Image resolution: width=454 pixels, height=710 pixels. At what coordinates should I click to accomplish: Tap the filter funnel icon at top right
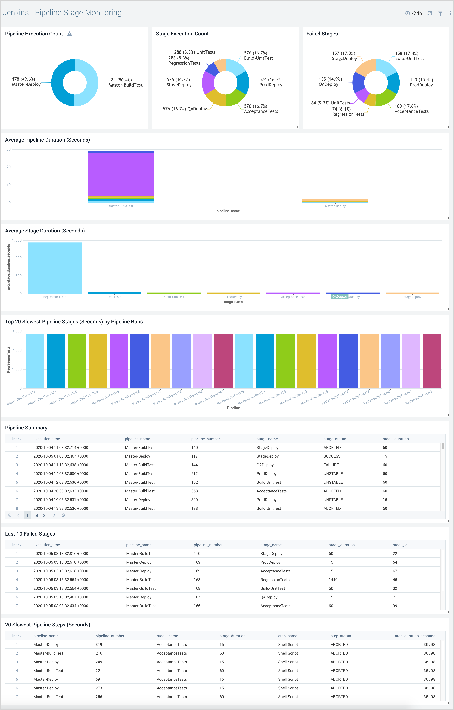(x=440, y=13)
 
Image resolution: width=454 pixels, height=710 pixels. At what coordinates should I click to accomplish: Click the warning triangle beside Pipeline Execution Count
(x=70, y=34)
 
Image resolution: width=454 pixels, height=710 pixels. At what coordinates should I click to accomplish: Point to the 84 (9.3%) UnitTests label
(x=330, y=103)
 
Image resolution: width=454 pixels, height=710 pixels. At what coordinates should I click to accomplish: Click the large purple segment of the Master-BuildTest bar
(x=121, y=174)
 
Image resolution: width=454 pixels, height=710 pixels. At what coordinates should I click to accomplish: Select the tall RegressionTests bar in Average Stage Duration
(x=55, y=268)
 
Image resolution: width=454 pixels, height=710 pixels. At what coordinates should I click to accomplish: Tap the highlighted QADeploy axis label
(x=340, y=297)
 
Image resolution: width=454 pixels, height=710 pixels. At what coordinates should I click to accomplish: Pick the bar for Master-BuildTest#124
(x=56, y=361)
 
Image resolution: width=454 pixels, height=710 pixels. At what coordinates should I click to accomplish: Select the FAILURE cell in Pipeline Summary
(x=331, y=465)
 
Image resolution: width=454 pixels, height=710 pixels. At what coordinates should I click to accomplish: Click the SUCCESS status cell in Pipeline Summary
(x=332, y=456)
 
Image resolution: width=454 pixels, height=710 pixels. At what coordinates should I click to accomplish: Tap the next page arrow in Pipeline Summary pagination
(x=54, y=515)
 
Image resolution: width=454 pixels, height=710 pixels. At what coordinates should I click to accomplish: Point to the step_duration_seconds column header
(x=415, y=636)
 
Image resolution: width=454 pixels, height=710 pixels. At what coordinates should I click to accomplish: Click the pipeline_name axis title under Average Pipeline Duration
(x=228, y=211)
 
